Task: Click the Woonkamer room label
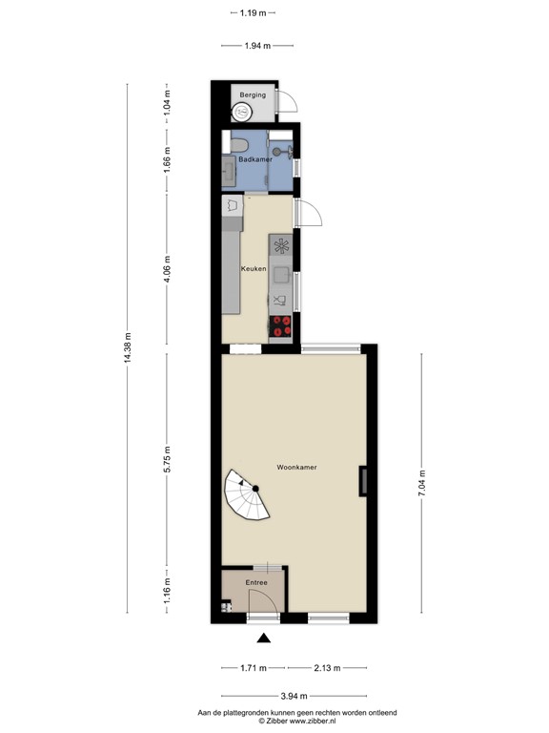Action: click(x=296, y=468)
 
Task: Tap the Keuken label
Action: click(x=253, y=269)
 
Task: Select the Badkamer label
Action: click(x=254, y=159)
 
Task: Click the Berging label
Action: click(x=253, y=95)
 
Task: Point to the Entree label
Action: click(x=256, y=582)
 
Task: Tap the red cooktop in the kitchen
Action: click(x=281, y=325)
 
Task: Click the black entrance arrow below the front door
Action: click(x=264, y=639)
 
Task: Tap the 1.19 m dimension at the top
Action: click(x=253, y=13)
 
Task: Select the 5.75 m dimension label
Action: click(x=168, y=460)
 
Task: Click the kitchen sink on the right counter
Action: click(x=281, y=275)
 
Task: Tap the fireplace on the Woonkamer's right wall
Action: click(x=362, y=482)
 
